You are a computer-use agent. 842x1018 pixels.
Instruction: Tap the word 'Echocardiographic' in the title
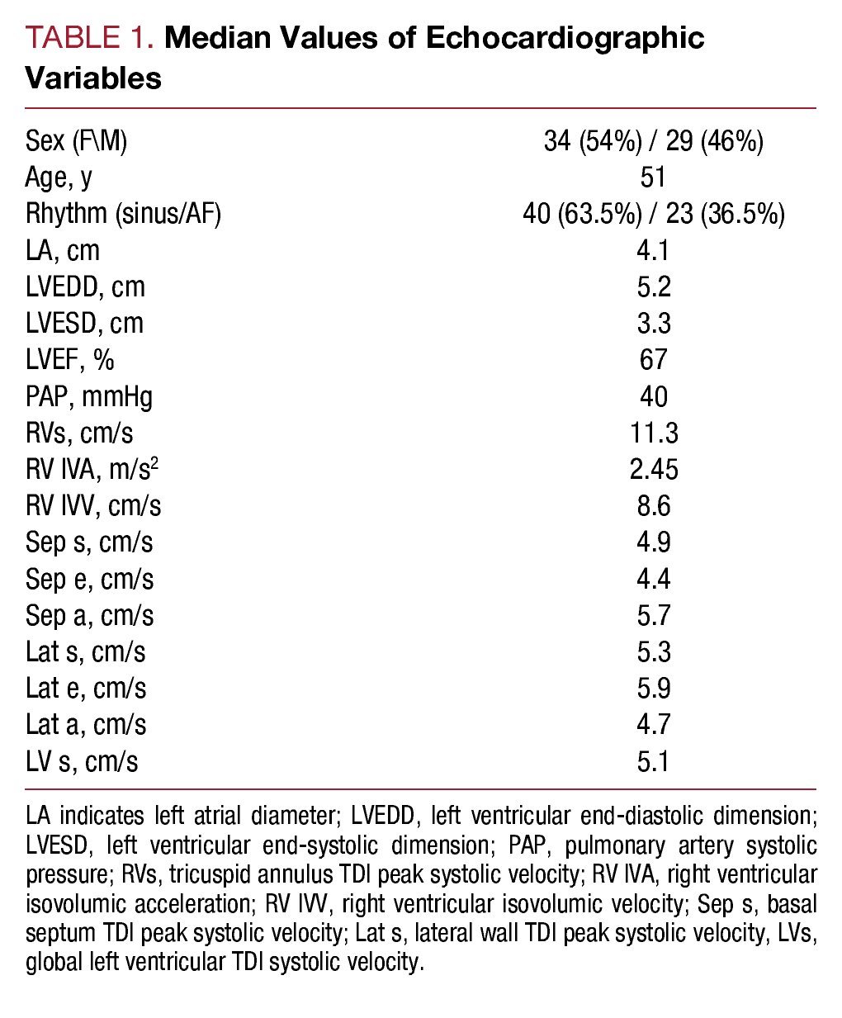tap(565, 38)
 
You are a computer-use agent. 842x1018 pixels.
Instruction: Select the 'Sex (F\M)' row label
tap(76, 141)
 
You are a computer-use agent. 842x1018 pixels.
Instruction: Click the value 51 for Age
tap(653, 178)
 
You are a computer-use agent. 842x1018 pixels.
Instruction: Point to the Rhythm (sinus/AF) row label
tap(123, 214)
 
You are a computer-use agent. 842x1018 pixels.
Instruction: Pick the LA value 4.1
tap(653, 250)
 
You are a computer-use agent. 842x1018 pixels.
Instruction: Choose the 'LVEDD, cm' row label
tap(85, 286)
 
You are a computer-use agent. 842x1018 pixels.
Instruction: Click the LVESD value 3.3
tap(653, 323)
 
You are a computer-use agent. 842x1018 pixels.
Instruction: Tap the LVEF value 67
tap(653, 359)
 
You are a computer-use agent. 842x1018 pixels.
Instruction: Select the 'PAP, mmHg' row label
tap(89, 396)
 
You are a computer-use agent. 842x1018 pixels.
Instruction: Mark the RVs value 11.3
tap(653, 433)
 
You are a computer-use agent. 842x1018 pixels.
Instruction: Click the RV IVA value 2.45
tap(653, 469)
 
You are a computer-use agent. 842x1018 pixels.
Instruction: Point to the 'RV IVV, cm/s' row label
tap(93, 505)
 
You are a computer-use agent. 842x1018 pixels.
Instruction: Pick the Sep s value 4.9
tap(653, 542)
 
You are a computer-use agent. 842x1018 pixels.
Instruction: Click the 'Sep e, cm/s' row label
tap(89, 579)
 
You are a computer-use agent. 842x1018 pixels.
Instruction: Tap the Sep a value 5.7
tap(653, 615)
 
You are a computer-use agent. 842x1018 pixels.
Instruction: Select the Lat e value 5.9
tap(653, 688)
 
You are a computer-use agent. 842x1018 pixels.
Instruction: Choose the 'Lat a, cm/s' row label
tap(86, 724)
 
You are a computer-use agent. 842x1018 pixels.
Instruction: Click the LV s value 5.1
tap(653, 760)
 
